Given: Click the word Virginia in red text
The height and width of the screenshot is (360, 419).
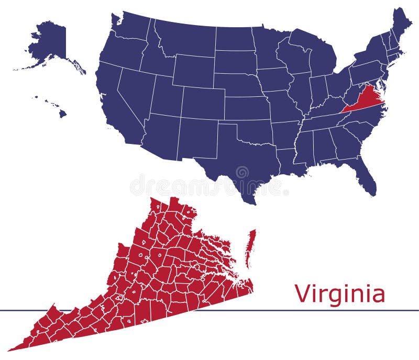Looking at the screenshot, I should click(339, 294).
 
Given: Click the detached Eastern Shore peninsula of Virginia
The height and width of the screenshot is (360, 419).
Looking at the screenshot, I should click(251, 246).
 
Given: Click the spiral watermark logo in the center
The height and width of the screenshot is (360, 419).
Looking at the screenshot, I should click(242, 173).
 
